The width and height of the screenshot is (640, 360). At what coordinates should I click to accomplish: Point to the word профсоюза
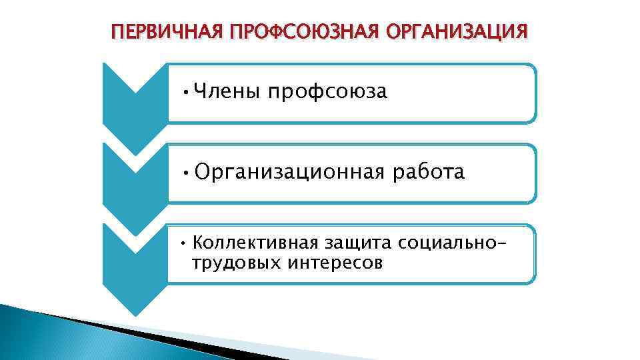click(x=327, y=92)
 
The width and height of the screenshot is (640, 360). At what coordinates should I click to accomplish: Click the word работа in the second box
click(x=429, y=173)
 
